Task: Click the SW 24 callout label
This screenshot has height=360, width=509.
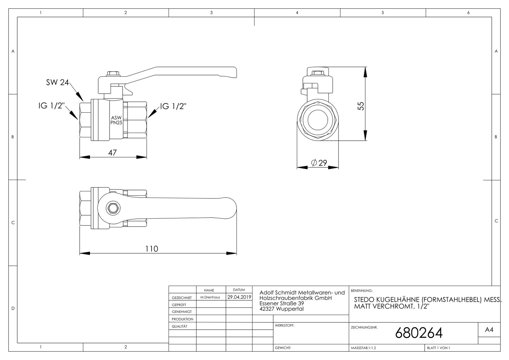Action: pos(57,82)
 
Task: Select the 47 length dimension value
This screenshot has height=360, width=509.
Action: pos(113,152)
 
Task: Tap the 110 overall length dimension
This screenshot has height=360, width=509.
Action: pos(152,249)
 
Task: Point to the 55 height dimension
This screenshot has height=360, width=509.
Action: pos(361,106)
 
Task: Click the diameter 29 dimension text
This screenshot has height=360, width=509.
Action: pos(319,163)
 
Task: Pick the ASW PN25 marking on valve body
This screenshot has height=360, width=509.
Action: pos(116,120)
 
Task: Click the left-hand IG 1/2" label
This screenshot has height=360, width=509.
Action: pos(51,106)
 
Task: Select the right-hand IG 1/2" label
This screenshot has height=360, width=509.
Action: pos(173,106)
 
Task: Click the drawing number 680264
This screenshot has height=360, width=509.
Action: pos(419,333)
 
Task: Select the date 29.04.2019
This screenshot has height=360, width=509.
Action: pos(239,297)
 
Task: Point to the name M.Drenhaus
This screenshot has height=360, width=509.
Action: pos(210,297)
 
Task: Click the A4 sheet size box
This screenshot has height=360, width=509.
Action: pos(489,330)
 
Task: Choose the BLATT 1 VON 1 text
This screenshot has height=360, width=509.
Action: pos(438,348)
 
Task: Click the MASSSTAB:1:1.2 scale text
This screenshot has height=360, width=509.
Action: pos(363,348)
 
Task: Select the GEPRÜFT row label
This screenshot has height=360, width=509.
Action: pos(179,305)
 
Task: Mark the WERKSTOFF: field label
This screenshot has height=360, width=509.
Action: pos(284,325)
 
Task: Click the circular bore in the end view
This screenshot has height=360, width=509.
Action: pos(317,119)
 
